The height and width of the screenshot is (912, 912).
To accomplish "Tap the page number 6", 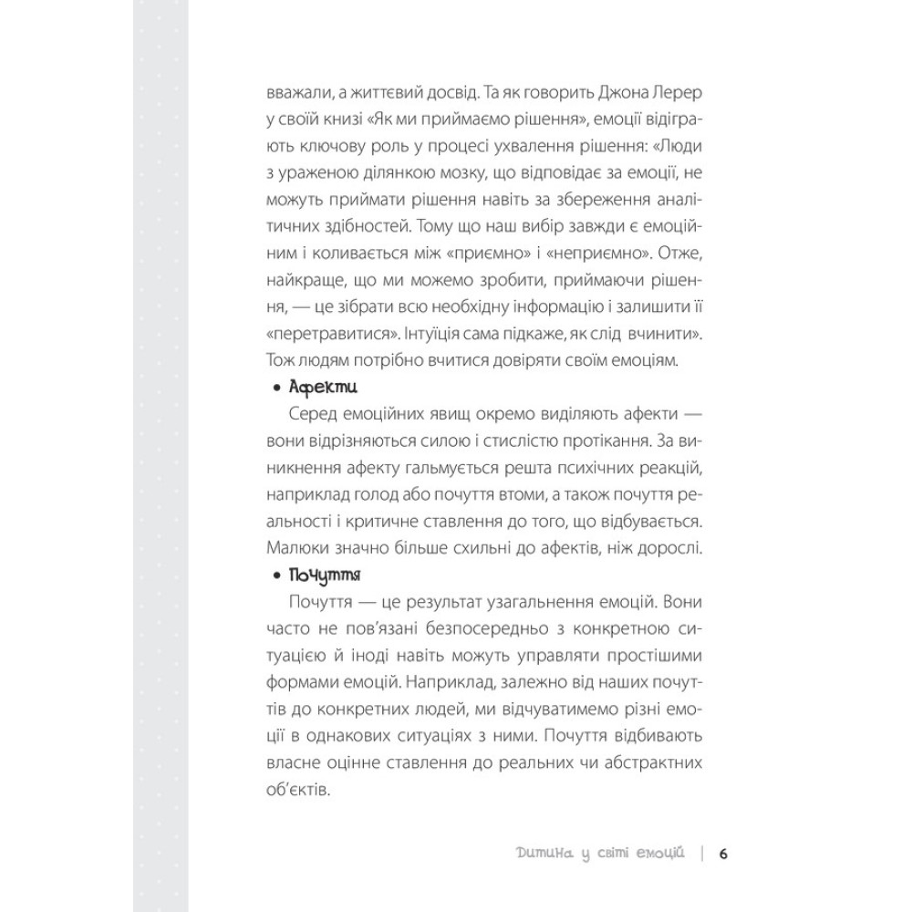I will point(722,854).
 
